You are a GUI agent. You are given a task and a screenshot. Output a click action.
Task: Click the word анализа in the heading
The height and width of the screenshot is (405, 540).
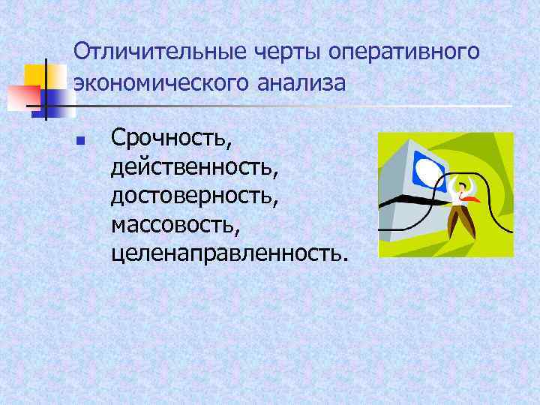tap(301, 82)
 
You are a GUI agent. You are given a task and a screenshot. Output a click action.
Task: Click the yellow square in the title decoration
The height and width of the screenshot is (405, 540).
tap(34, 76)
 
